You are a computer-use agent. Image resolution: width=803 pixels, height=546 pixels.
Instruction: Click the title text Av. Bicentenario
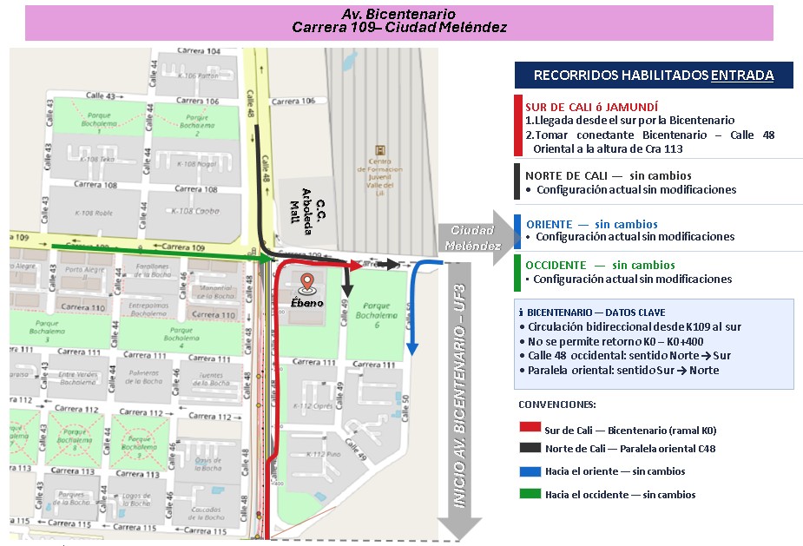click(x=398, y=15)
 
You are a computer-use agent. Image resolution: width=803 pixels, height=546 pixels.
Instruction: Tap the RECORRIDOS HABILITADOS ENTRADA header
click(x=653, y=76)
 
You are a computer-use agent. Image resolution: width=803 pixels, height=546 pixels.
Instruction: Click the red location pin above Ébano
click(x=306, y=283)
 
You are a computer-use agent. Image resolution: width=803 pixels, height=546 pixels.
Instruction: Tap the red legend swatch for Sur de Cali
click(x=530, y=428)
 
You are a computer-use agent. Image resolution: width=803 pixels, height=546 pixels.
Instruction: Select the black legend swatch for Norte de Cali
click(x=530, y=449)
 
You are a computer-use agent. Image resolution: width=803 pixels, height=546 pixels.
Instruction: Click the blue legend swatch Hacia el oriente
click(x=530, y=471)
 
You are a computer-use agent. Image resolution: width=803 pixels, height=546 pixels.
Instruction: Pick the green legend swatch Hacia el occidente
click(x=530, y=494)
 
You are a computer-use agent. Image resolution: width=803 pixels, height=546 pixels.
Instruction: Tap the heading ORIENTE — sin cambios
click(x=591, y=224)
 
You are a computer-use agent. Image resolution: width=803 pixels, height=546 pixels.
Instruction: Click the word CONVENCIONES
click(x=558, y=405)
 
